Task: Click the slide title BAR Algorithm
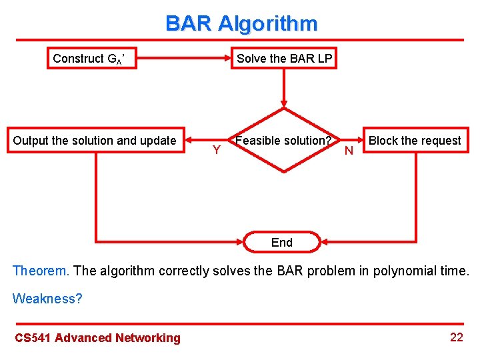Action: (x=241, y=24)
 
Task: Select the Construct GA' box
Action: (x=95, y=59)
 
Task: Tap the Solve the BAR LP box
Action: (x=285, y=59)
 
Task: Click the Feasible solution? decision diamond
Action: (x=284, y=141)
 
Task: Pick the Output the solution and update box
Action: (x=95, y=141)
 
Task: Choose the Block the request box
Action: (x=415, y=141)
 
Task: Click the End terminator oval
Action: (x=282, y=243)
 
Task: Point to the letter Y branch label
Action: (x=216, y=150)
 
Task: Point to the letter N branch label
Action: (x=348, y=151)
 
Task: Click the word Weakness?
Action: (x=47, y=299)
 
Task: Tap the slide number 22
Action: (x=456, y=337)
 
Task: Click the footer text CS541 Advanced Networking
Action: (x=97, y=338)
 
